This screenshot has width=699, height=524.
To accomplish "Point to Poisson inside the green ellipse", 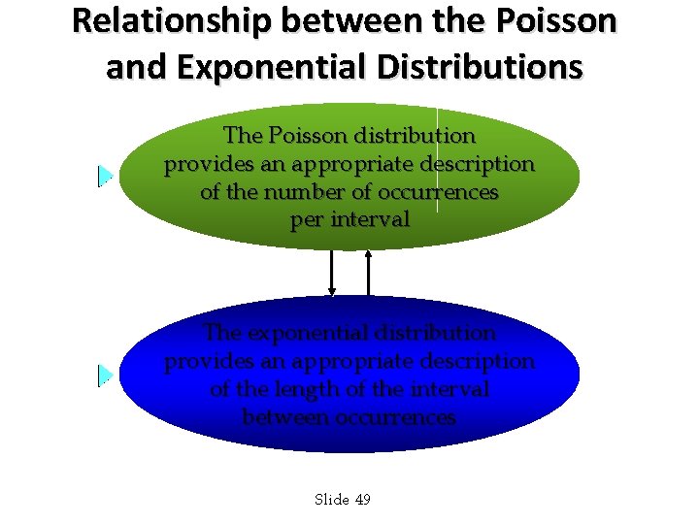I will point(317,136).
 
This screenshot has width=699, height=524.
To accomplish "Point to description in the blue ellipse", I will point(475,361).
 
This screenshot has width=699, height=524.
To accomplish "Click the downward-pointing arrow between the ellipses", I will point(332,273).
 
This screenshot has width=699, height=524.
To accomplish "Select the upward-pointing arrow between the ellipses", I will point(369,273).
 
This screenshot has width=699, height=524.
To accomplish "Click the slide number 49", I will point(363,500).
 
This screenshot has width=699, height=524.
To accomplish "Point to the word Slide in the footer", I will point(332,500).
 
